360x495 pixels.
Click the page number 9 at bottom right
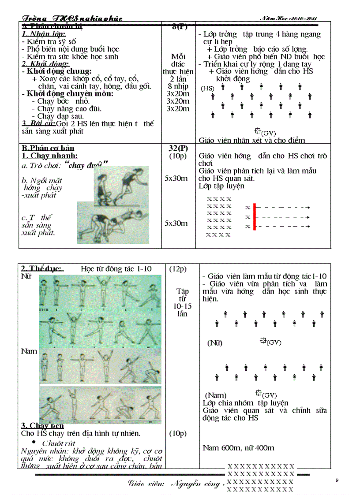point(337,480)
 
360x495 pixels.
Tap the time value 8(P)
point(179,26)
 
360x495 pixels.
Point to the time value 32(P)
point(179,148)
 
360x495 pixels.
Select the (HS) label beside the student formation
point(207,88)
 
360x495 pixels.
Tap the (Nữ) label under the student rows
point(215,342)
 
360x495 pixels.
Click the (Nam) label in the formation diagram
point(216,395)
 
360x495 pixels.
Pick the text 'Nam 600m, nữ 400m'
point(238,448)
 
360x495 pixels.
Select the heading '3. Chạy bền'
point(42,425)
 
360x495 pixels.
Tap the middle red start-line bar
point(254,217)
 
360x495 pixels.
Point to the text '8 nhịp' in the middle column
point(179,86)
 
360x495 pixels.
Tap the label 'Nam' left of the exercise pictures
point(29,351)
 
